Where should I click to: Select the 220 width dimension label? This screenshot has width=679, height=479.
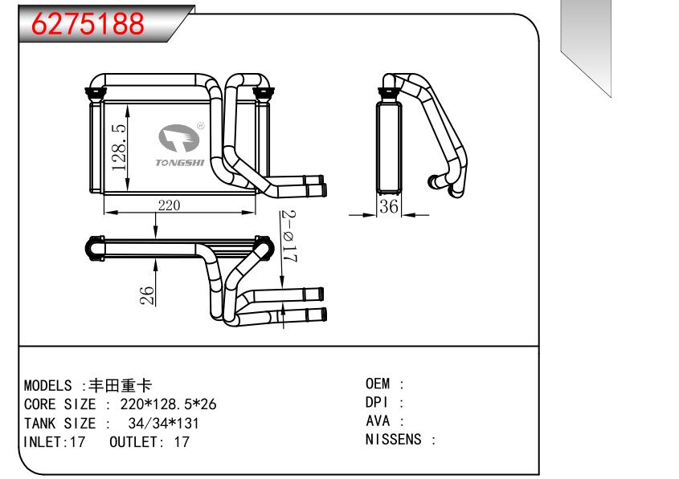coord(169,205)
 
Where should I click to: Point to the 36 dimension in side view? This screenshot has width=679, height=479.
coord(389,207)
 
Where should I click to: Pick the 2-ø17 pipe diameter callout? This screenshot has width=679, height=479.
coord(289,238)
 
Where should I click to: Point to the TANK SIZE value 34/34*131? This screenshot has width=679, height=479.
coord(163,423)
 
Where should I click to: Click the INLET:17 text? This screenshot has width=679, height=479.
coord(54,441)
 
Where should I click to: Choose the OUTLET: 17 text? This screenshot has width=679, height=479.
coord(149,441)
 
